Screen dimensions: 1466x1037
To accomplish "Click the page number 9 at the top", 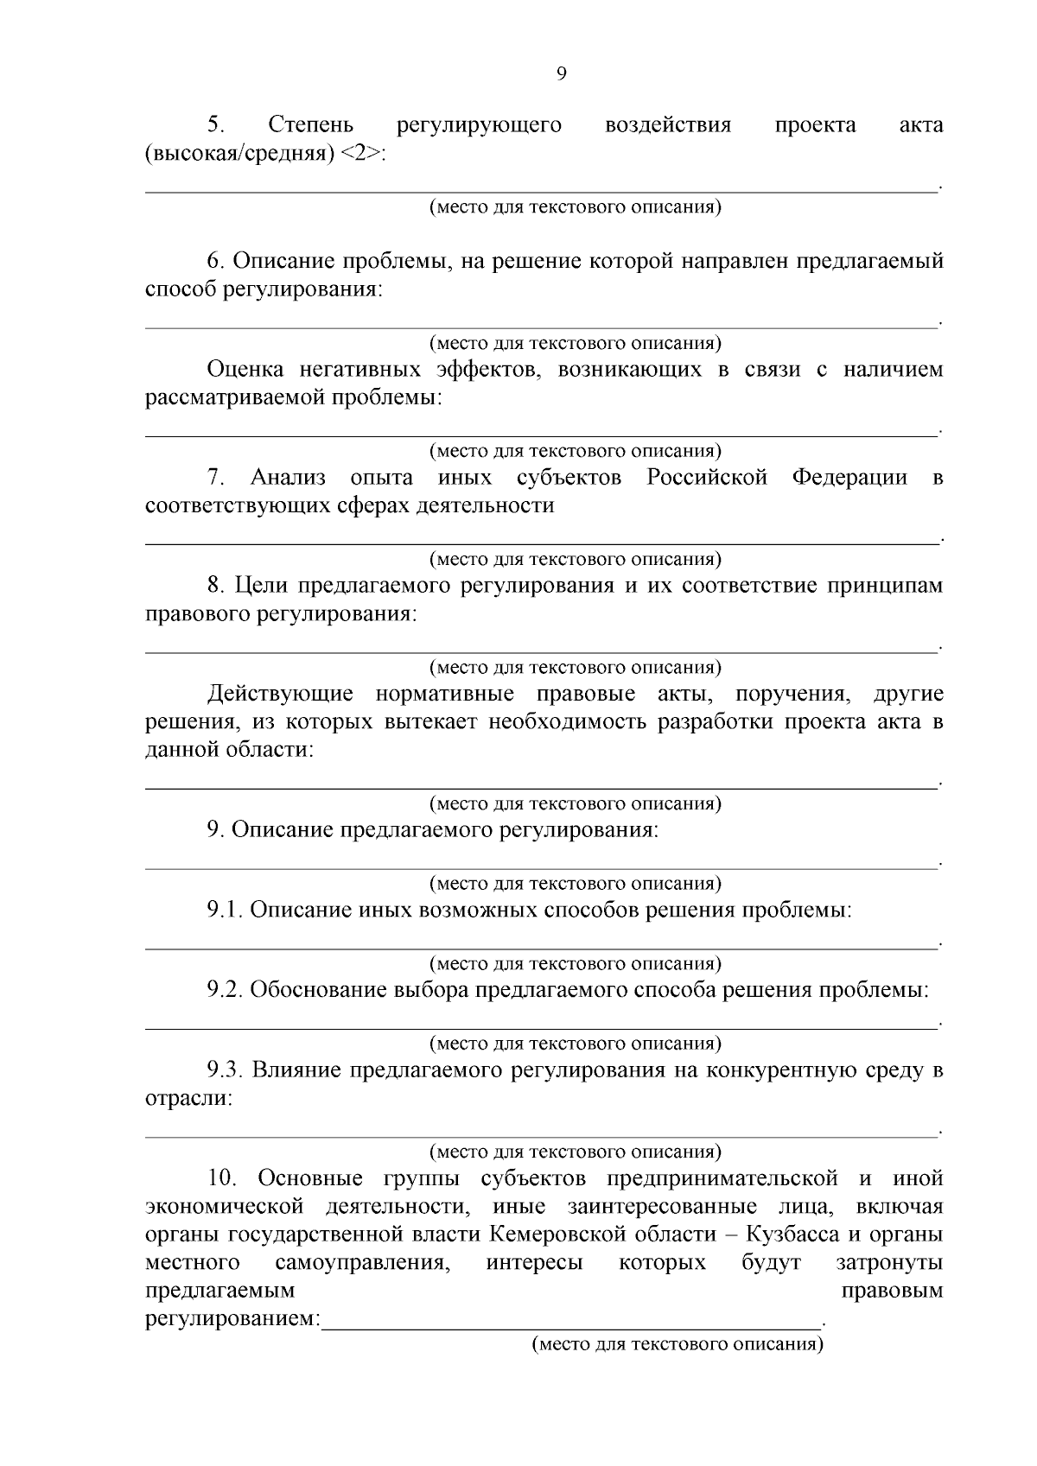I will tap(561, 74).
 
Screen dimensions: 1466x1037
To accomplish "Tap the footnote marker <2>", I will tap(360, 154).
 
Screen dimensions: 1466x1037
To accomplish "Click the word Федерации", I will tap(849, 478).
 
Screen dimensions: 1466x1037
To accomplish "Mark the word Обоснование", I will tap(315, 990).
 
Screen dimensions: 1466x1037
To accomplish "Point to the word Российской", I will tap(707, 478).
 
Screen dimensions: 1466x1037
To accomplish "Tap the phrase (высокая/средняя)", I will tap(239, 154).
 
